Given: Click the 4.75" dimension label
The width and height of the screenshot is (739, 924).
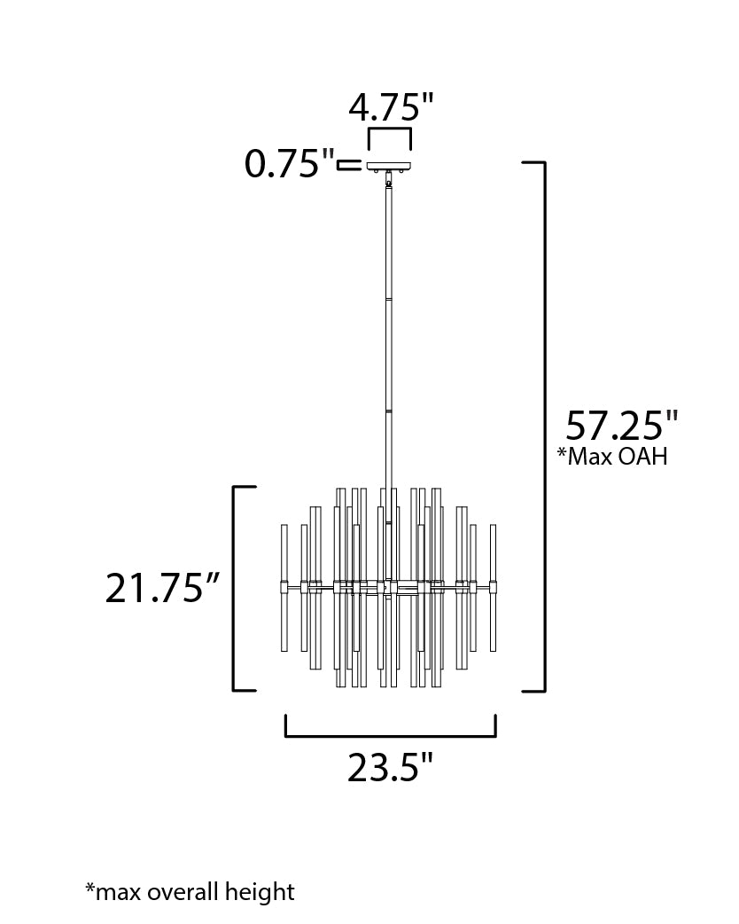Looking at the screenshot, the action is (391, 108).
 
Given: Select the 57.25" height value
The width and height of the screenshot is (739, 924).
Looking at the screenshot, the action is (622, 426).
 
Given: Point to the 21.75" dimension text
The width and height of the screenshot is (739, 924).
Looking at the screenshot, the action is (162, 588).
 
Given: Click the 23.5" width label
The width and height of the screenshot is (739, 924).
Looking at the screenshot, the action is (390, 767).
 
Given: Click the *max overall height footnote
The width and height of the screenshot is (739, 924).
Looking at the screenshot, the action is (190, 891).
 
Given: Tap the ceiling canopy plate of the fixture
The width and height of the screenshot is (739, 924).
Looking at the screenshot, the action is (389, 166).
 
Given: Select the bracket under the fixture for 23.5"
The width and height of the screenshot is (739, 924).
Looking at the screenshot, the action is (391, 735).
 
